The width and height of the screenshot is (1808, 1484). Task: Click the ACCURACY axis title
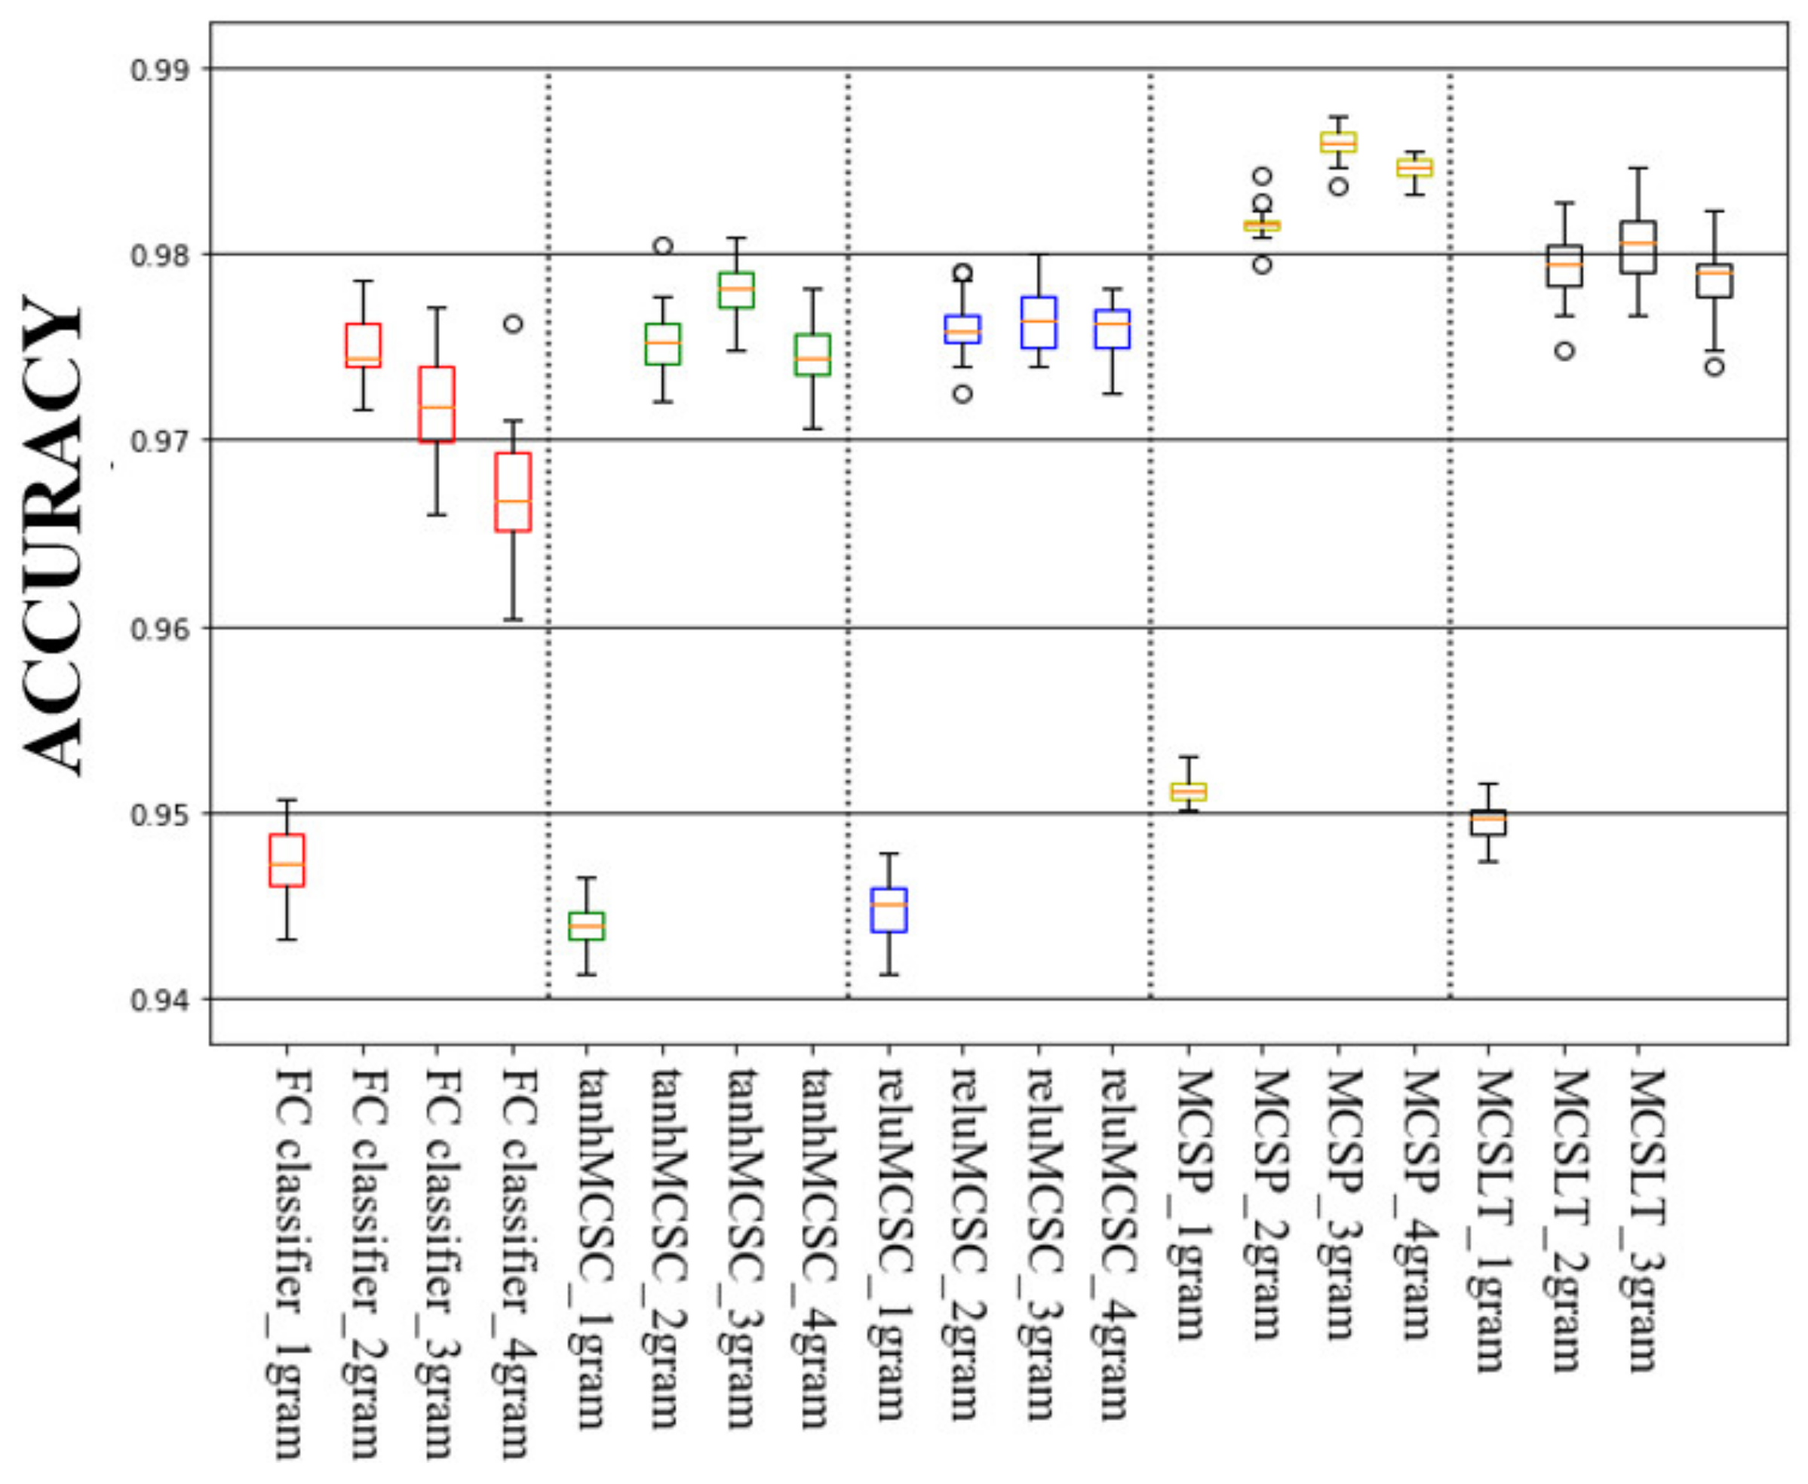click(53, 535)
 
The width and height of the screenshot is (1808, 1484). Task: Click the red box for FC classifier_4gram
click(513, 492)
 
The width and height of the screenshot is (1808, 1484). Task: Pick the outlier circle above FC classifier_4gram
click(513, 324)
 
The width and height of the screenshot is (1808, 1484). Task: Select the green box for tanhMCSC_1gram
click(586, 926)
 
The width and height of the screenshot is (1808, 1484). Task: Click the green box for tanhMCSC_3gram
click(736, 290)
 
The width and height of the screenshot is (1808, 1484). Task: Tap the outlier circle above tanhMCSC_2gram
click(662, 246)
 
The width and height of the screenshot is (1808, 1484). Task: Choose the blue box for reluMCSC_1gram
click(889, 909)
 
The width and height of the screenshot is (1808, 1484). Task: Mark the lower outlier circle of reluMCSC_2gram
click(962, 394)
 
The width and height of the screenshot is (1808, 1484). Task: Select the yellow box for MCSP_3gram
click(1339, 142)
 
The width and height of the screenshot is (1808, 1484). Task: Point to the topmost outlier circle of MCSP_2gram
click(1263, 177)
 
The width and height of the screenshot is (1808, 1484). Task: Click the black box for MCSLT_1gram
click(1488, 823)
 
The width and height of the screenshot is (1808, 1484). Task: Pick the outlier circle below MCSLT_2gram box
click(1564, 351)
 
